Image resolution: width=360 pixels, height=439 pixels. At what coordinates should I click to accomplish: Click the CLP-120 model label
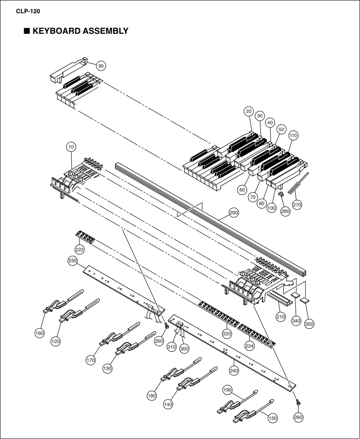coord(28,11)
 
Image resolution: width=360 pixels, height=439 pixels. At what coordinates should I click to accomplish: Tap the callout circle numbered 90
coord(101,66)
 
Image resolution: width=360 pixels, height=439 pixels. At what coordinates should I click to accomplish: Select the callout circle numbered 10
coord(71,147)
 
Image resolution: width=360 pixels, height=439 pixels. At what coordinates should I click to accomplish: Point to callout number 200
coord(234,212)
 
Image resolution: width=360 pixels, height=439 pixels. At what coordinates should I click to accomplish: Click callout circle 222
coord(79,249)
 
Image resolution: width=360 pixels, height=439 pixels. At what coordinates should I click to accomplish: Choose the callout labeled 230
coord(73,261)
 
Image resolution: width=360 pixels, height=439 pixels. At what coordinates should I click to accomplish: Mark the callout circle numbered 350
coord(309,324)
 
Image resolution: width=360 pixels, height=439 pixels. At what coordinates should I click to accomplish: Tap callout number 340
coord(296,321)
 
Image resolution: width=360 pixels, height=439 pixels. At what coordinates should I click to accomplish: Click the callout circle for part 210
coord(281,317)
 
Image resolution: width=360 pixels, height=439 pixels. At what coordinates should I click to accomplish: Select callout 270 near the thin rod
coord(297,205)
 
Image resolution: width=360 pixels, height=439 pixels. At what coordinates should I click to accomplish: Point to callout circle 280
coord(285,211)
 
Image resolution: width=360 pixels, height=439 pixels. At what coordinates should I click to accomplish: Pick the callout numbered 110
coord(293,136)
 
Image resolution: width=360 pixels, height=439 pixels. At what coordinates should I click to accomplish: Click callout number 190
coord(228,390)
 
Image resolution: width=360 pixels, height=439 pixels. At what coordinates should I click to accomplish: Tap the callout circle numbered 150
coord(272,418)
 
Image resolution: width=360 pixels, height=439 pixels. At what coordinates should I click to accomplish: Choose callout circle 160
coord(39,333)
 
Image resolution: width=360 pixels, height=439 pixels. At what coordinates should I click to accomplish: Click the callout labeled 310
coord(171,347)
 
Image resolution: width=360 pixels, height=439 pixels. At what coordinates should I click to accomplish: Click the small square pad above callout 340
coord(295,295)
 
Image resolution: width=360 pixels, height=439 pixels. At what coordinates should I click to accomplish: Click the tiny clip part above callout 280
coord(281,194)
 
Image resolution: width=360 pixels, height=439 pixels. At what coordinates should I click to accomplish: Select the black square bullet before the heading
coord(26,31)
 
